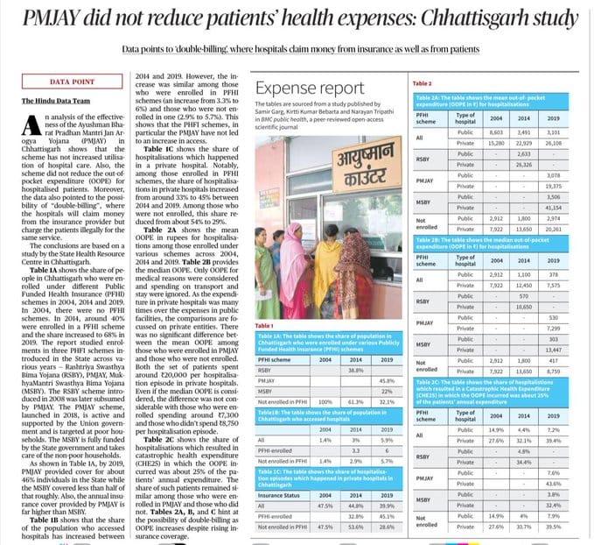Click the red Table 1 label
[265, 325]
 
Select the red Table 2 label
[423, 82]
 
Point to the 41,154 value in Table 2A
[552, 206]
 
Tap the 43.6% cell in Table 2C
[552, 483]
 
